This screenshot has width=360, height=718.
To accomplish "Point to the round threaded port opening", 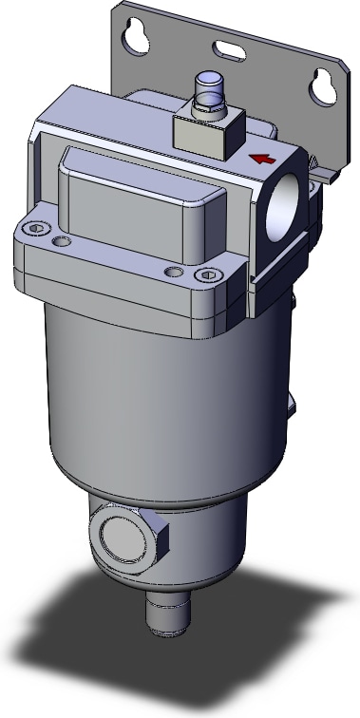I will [285, 204].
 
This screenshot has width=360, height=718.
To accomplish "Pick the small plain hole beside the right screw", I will [172, 273].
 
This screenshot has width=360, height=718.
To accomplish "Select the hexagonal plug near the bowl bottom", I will [131, 538].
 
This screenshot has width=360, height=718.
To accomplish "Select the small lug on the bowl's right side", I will [293, 404].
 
